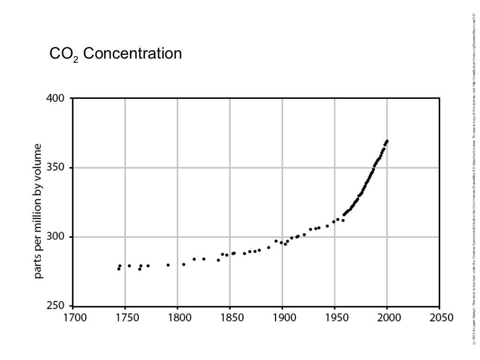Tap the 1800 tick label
(x=178, y=318)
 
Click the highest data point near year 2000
(x=387, y=141)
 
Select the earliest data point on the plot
(x=119, y=269)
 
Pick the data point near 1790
(x=168, y=265)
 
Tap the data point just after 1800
(x=184, y=264)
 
